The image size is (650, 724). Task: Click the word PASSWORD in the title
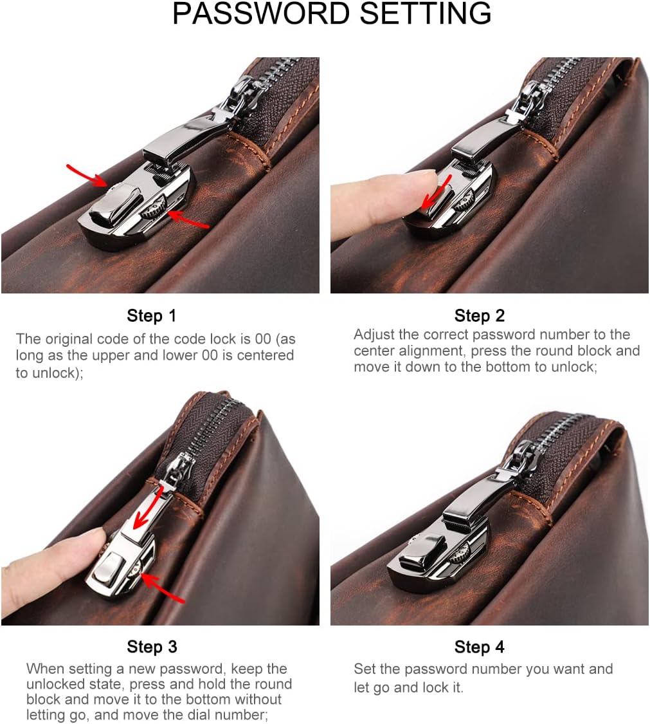point(261,14)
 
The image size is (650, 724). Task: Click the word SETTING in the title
point(426,14)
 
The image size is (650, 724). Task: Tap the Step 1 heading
point(151,316)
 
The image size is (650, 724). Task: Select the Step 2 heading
point(480,316)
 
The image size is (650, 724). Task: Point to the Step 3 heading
point(152,647)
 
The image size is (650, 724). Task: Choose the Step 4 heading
point(480,647)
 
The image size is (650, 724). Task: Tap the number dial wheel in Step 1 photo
point(153,207)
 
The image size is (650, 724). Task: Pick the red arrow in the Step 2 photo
point(435,192)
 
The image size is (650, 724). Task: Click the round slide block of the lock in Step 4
point(422,552)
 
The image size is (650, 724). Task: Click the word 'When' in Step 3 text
point(46,669)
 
